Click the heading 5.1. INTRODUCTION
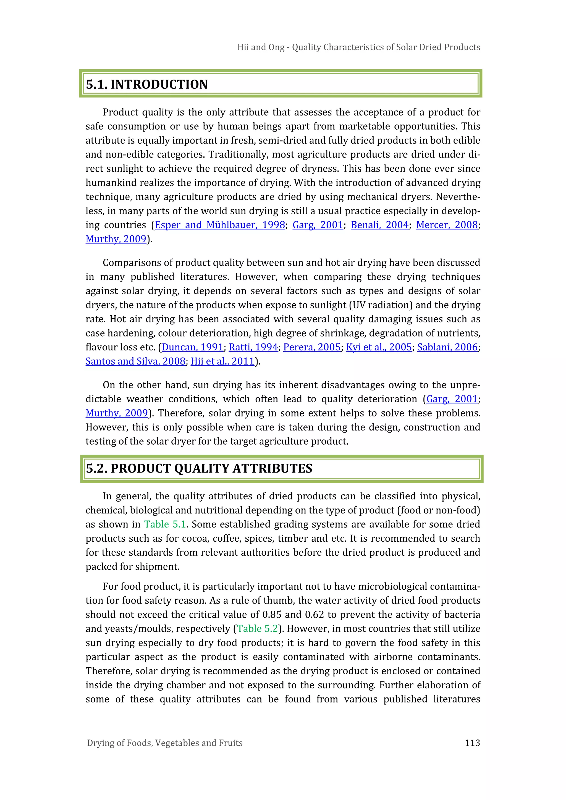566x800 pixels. pos(147,84)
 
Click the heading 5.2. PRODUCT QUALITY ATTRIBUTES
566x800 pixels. pos(199,468)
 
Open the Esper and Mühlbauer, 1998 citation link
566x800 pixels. pos(220,225)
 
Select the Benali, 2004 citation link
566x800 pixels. pos(379,225)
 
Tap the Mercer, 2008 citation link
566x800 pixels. pos(447,225)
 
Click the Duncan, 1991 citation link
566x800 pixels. pos(192,347)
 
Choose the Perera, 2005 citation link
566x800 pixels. pos(311,347)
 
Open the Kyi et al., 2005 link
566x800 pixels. pos(379,347)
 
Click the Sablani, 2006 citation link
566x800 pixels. pos(447,347)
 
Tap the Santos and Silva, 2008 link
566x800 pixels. pos(135,361)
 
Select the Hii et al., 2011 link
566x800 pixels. pos(222,361)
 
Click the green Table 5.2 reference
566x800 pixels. pos(258,629)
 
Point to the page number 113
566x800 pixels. pos(472,743)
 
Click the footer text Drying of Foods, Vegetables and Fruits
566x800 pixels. pos(164,743)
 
